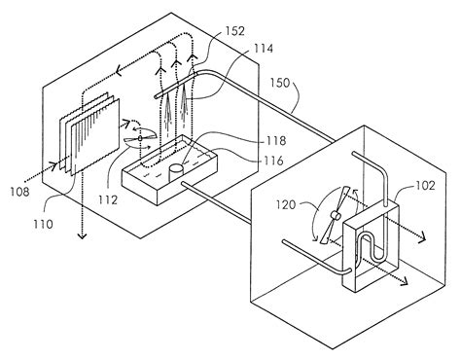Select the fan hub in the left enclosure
pyautogui.click(x=140, y=140)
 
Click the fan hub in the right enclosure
pyautogui.click(x=334, y=217)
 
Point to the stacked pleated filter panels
pyautogui.click(x=85, y=139)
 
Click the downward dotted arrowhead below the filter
pyautogui.click(x=80, y=233)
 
